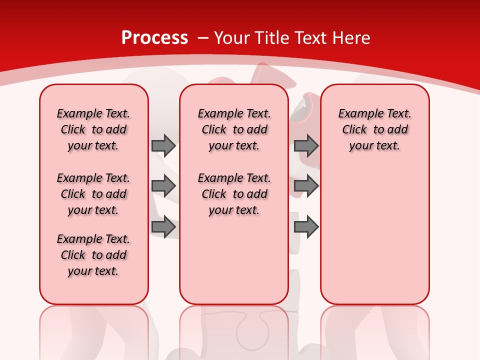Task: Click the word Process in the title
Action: point(154,38)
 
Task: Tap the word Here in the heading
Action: point(352,38)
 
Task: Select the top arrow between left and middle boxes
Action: point(163,145)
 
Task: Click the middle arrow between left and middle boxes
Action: point(163,186)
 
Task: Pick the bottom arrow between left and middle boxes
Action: point(163,227)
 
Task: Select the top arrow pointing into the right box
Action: point(306,145)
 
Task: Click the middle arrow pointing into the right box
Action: point(306,186)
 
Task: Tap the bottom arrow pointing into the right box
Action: point(306,227)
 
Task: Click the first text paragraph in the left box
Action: point(93,129)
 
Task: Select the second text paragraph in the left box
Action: point(93,194)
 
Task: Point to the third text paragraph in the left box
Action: point(93,255)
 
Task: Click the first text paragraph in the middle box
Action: point(234,129)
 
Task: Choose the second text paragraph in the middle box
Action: point(234,194)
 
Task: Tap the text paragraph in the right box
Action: point(374,129)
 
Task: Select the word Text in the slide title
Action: point(312,38)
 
